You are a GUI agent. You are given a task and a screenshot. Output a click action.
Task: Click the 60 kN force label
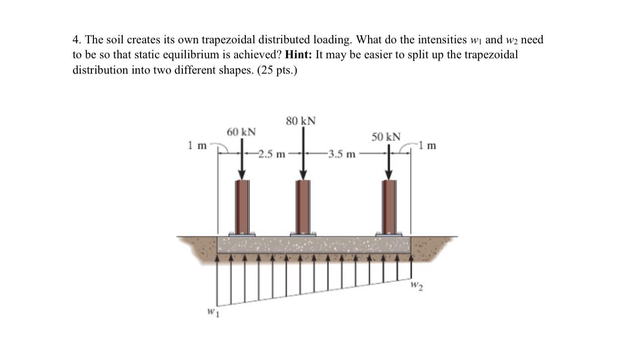tap(241, 132)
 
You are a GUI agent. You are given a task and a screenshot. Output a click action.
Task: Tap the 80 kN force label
tap(301, 121)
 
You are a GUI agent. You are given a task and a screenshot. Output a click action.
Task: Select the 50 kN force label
tap(386, 137)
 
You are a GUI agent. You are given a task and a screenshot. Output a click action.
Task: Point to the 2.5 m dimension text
tap(272, 154)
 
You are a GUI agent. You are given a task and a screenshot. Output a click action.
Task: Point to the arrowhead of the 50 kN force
tap(389, 174)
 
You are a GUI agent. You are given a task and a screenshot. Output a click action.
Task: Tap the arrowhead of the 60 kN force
tap(242, 174)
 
